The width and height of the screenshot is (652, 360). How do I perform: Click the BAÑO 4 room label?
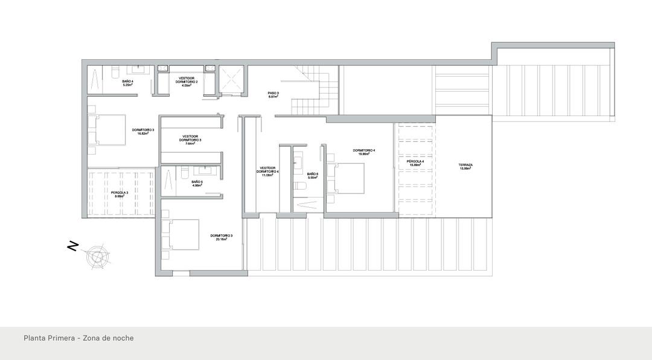tap(127, 81)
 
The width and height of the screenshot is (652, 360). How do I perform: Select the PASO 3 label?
tap(273, 93)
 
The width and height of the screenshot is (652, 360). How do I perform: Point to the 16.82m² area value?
tap(144, 133)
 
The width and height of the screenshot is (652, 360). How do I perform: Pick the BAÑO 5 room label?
tap(197, 182)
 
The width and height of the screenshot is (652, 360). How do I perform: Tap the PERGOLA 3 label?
tap(119, 193)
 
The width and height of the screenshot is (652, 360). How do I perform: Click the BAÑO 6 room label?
tap(312, 174)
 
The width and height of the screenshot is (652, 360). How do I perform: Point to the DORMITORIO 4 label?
tap(364, 150)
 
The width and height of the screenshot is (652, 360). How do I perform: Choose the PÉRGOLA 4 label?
tap(415, 162)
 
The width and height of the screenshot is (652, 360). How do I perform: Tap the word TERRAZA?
tap(465, 165)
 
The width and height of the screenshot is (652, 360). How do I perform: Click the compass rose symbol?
tap(98, 256)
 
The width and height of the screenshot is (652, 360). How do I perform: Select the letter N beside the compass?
tap(72, 246)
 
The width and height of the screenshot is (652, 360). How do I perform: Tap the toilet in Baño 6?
tap(300, 187)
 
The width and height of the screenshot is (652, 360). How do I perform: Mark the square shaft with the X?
tap(231, 79)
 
